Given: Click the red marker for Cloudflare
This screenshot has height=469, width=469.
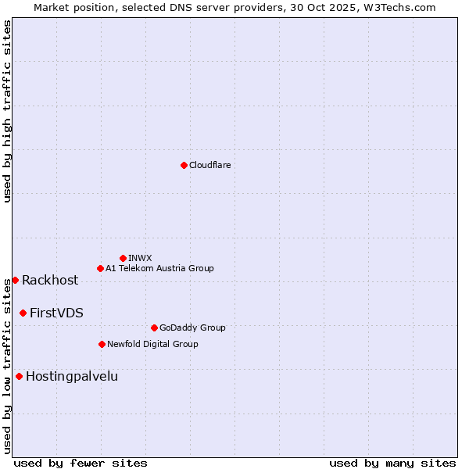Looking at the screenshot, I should click(184, 165).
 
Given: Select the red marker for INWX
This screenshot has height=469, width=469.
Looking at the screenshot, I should click(124, 258).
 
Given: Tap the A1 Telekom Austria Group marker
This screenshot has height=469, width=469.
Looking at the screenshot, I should click(100, 268).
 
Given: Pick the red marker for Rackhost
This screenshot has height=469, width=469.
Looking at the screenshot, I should click(15, 280).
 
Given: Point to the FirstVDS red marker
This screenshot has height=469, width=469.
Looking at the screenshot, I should click(23, 313).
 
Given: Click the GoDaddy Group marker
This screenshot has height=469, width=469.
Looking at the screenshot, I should click(154, 328).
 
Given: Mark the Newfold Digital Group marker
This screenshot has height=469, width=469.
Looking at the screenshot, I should click(102, 344).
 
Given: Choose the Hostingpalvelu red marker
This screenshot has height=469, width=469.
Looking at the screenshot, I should click(19, 376).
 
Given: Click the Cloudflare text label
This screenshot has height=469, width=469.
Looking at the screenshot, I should click(210, 165).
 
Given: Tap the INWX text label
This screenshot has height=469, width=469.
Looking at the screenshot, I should click(141, 258).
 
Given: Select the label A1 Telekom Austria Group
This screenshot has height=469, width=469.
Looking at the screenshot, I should click(160, 268).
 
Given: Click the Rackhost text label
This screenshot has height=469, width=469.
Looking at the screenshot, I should click(50, 281).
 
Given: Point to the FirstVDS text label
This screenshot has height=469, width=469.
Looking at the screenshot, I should click(56, 313).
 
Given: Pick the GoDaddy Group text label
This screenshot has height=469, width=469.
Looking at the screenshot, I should click(192, 328).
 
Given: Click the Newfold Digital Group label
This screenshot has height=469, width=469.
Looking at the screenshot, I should click(153, 344).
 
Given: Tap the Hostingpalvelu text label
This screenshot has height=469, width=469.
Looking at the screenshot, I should click(72, 376).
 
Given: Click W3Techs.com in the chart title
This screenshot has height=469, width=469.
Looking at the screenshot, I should click(403, 7).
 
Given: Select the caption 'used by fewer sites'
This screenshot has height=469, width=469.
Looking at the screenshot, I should click(81, 463).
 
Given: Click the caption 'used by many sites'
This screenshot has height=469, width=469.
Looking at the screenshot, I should click(392, 463).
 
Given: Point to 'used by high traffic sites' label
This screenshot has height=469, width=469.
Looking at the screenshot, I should click(7, 111).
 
